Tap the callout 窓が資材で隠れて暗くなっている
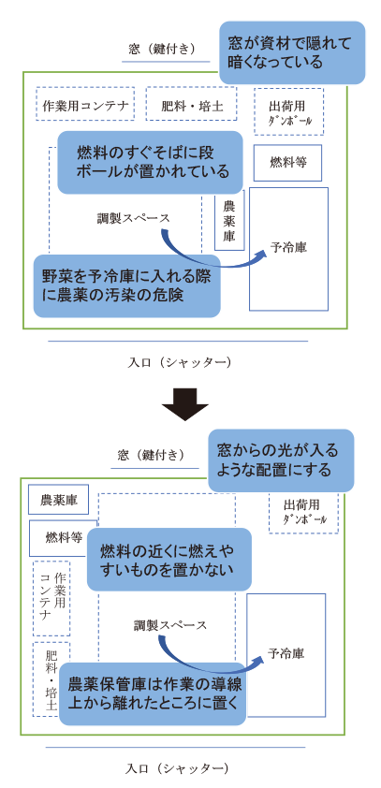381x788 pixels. [x=292, y=52]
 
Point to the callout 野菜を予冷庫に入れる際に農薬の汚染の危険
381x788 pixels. [x=127, y=286]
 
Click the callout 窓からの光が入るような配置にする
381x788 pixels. [x=281, y=460]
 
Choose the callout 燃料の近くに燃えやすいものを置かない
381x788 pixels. [x=169, y=560]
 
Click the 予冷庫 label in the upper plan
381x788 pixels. [x=288, y=247]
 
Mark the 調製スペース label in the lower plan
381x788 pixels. [x=169, y=625]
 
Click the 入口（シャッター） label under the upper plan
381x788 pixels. [x=179, y=362]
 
